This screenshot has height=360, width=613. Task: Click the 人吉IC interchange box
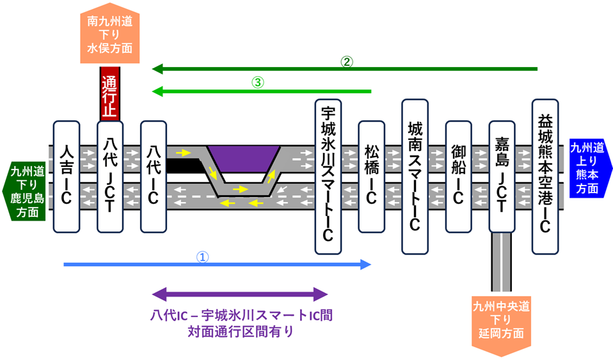point(67,176)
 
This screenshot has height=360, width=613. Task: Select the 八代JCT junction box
point(110,176)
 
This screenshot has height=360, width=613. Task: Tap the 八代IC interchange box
point(154,176)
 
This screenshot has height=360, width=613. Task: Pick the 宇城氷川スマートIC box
point(328,176)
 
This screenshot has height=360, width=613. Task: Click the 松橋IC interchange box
point(371,176)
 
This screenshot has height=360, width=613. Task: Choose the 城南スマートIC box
point(415,176)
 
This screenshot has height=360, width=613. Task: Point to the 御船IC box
point(459,176)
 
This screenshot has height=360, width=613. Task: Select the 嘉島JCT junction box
point(502,176)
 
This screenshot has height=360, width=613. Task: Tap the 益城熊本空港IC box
point(545,176)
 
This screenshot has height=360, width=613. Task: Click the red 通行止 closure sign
point(110,94)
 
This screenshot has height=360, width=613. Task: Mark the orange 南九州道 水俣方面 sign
point(110,33)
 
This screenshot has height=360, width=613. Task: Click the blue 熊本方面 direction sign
point(590,168)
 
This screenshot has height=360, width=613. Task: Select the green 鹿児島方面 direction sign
point(24,191)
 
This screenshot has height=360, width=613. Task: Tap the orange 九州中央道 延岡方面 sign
point(501,325)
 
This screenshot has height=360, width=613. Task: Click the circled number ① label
point(202,257)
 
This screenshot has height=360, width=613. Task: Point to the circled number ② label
point(347,62)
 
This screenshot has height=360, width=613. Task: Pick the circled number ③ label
point(258,82)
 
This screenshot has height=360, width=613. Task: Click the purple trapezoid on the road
point(244,159)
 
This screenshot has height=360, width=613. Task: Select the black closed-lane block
point(184,166)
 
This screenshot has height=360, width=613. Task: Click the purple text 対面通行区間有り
point(241,331)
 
